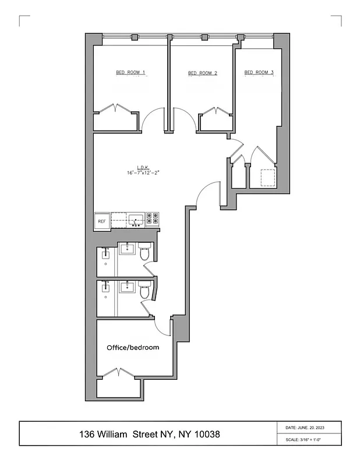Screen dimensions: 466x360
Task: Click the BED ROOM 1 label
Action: pyautogui.click(x=130, y=73)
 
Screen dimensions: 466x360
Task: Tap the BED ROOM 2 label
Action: pyautogui.click(x=203, y=73)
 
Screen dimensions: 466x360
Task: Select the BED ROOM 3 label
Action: pyautogui.click(x=259, y=73)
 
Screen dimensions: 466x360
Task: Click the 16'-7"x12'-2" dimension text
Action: pyautogui.click(x=142, y=173)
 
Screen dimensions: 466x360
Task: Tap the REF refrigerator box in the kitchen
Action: pyautogui.click(x=101, y=221)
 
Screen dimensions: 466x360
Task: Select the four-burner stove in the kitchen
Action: pyautogui.click(x=152, y=218)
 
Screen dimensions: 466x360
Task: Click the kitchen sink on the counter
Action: pyautogui.click(x=136, y=220)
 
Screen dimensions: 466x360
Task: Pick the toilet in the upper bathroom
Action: pyautogui.click(x=144, y=253)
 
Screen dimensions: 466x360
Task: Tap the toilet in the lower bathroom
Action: pyautogui.click(x=144, y=290)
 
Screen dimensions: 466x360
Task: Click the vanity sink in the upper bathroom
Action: pyautogui.click(x=128, y=250)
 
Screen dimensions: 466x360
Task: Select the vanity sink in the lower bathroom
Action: pyautogui.click(x=128, y=287)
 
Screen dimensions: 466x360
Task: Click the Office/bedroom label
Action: pyautogui.click(x=133, y=347)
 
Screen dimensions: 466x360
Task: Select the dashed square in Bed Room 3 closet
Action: pyautogui.click(x=268, y=177)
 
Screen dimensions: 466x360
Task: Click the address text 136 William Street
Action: pyautogui.click(x=150, y=435)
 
